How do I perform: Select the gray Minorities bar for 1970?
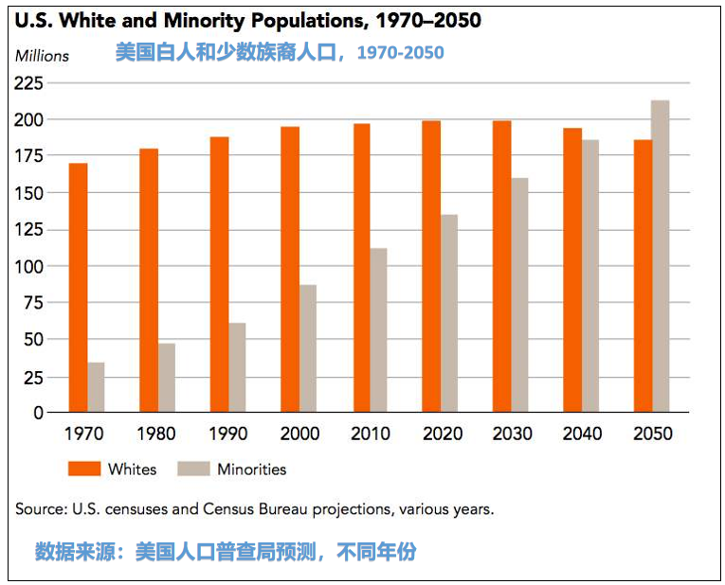click(x=96, y=387)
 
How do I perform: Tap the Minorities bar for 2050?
click(x=661, y=256)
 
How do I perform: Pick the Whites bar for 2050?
click(x=643, y=275)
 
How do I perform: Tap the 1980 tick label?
click(x=157, y=434)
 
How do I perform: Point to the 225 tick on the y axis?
click(x=29, y=83)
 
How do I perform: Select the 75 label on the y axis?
click(x=34, y=303)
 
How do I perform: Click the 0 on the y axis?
click(x=39, y=413)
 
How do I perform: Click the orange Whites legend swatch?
click(x=82, y=469)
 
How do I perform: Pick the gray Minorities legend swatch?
click(x=193, y=469)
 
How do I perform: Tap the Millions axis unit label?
click(x=42, y=56)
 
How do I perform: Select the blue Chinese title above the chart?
click(x=279, y=53)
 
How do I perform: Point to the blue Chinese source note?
click(x=226, y=552)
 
